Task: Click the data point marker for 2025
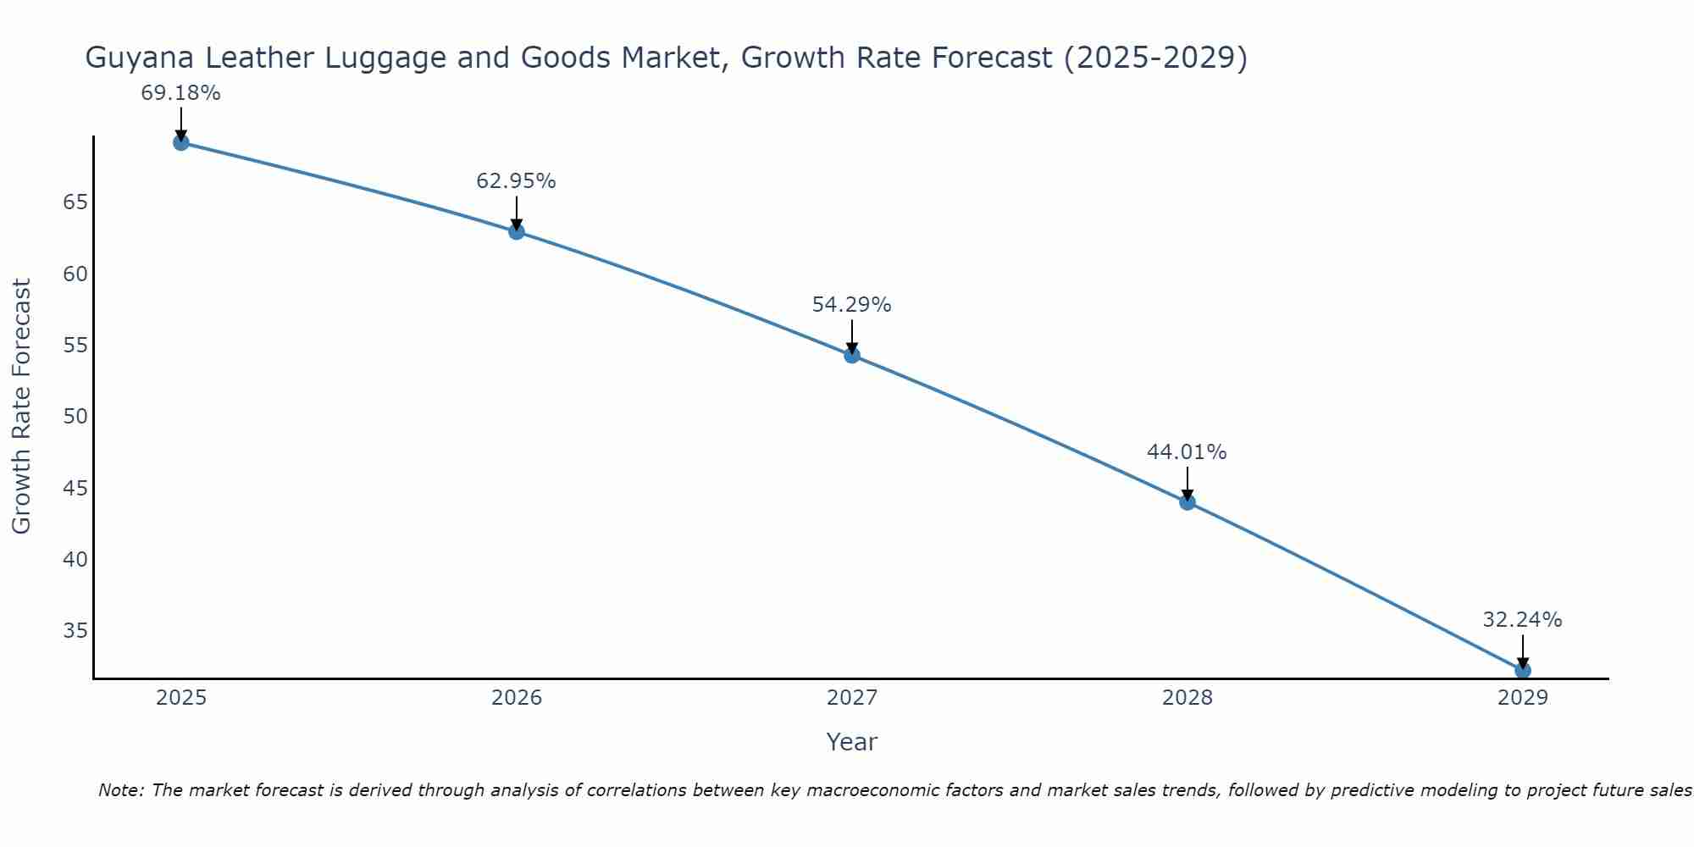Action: point(180,142)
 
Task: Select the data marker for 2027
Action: point(852,355)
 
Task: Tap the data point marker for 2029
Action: point(1522,670)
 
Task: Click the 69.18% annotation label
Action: point(180,93)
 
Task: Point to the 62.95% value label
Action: point(516,181)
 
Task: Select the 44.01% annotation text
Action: point(1187,452)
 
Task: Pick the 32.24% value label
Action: point(1522,620)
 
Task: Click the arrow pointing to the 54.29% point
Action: point(852,336)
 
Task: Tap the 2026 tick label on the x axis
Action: point(517,698)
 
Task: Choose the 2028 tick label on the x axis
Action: point(1187,698)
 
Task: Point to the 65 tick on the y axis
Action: point(75,202)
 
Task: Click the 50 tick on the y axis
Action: point(75,417)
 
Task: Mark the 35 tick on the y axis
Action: point(75,631)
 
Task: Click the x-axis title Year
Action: point(851,742)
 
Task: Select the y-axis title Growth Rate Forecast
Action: point(21,406)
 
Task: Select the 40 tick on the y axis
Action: point(75,560)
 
